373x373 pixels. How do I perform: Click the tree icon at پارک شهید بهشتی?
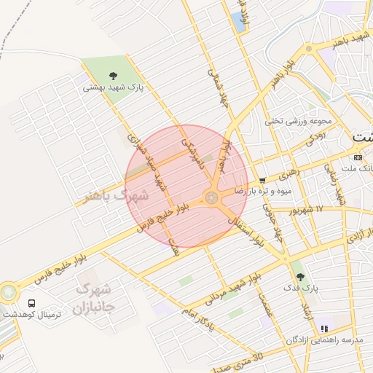(113, 75)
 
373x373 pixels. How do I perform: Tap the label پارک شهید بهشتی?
(113, 87)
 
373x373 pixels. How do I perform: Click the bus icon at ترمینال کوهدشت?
(31, 303)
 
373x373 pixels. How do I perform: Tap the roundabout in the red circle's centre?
(213, 197)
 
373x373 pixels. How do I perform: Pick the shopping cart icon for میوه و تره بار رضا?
(262, 180)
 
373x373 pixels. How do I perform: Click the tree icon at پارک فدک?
(299, 276)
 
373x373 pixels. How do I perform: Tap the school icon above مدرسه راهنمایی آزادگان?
(323, 329)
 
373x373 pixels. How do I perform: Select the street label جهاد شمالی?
(217, 87)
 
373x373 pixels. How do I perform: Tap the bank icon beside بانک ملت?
(358, 157)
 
